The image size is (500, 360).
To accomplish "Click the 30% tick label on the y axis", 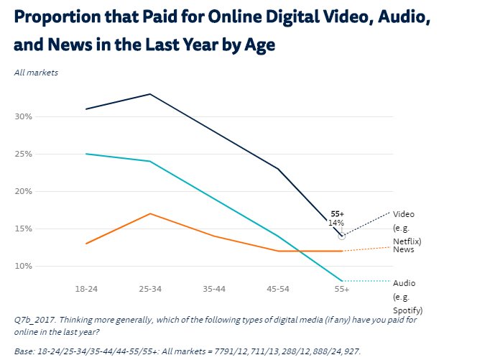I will [x=23, y=116].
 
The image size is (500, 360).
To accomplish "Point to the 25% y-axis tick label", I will [x=23, y=154].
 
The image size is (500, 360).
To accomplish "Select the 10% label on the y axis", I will [x=23, y=266].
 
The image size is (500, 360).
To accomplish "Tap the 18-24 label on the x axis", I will [x=86, y=289].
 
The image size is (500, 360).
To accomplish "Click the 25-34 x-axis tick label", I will [x=150, y=289].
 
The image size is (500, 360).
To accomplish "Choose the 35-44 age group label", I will [x=214, y=289].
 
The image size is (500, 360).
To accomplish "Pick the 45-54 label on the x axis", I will [x=277, y=289].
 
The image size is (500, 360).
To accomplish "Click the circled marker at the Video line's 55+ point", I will [x=341, y=236].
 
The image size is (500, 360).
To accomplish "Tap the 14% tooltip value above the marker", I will [x=336, y=223].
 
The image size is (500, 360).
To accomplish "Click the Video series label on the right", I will [x=403, y=214].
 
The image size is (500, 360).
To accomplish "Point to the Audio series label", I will [x=403, y=283].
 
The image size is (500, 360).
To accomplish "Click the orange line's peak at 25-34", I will [x=150, y=213].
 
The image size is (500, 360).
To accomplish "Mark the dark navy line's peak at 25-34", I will [x=150, y=94].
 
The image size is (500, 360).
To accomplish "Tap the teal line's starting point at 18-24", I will [x=86, y=154].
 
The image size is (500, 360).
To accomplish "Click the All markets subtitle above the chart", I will [x=36, y=73].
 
